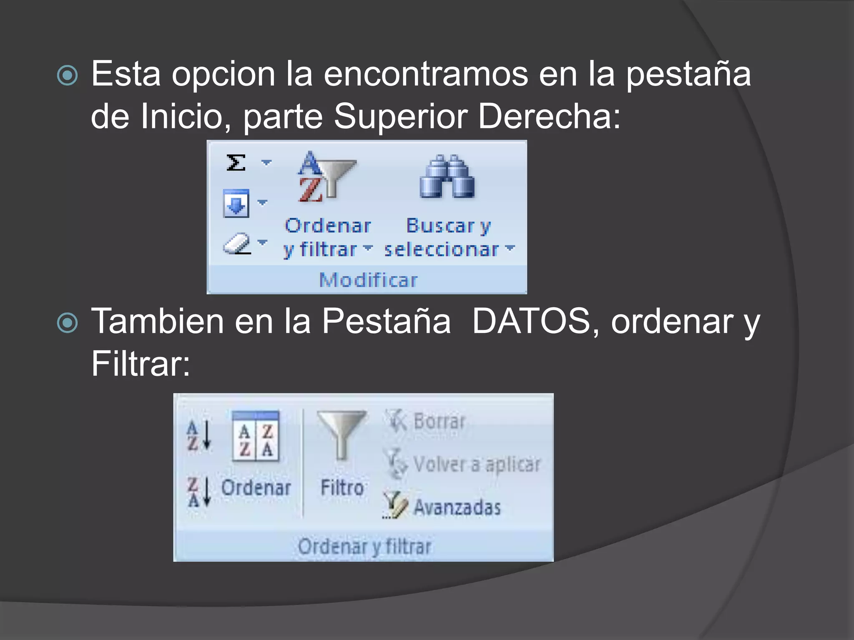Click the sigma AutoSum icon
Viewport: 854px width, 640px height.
tap(236, 162)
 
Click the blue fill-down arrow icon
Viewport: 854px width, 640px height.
tap(236, 203)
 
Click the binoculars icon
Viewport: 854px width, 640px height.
tap(447, 177)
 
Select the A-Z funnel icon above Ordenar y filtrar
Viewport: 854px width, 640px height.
tap(325, 177)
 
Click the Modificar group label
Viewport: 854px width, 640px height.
tap(368, 280)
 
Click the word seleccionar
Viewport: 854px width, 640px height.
tap(441, 250)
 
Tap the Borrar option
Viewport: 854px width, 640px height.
tap(439, 421)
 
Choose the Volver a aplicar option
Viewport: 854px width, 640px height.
tap(476, 464)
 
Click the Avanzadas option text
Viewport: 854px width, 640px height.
tap(457, 507)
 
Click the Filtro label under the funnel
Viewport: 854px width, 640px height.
tap(342, 487)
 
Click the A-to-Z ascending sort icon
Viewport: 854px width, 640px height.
tap(198, 436)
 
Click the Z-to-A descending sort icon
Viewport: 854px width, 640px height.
tap(198, 492)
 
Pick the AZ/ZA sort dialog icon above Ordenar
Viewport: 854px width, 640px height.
tap(256, 437)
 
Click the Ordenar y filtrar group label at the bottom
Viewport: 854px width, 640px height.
tap(364, 546)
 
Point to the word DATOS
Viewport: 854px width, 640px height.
tap(531, 321)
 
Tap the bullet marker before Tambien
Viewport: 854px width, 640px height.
tap(67, 323)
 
